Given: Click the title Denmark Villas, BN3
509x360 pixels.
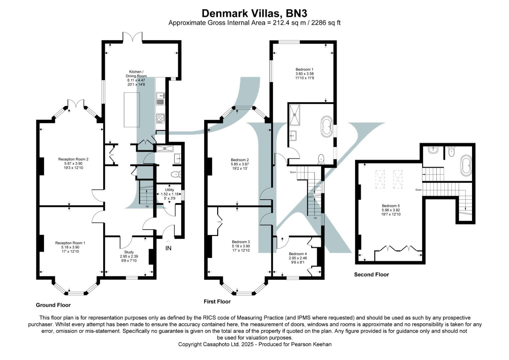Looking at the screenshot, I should [x=254, y=13].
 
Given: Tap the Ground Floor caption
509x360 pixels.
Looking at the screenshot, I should [x=53, y=305].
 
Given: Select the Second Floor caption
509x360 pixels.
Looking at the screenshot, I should [x=371, y=275].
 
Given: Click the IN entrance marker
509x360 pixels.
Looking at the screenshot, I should [x=169, y=248].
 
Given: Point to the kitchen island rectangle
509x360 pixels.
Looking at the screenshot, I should [x=132, y=110].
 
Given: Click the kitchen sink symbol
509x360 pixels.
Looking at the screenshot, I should [x=161, y=99].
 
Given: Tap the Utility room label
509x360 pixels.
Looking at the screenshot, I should [x=170, y=190].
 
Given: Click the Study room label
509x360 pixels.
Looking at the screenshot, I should [x=129, y=252].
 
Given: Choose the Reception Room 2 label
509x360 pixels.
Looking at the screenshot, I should [x=73, y=159].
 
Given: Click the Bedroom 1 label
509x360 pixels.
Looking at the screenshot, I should [x=304, y=69].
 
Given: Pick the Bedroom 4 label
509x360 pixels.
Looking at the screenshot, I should [x=298, y=254].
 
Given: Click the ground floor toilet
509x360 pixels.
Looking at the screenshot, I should [x=175, y=174].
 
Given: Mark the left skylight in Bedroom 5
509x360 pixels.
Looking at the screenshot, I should [x=380, y=179].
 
